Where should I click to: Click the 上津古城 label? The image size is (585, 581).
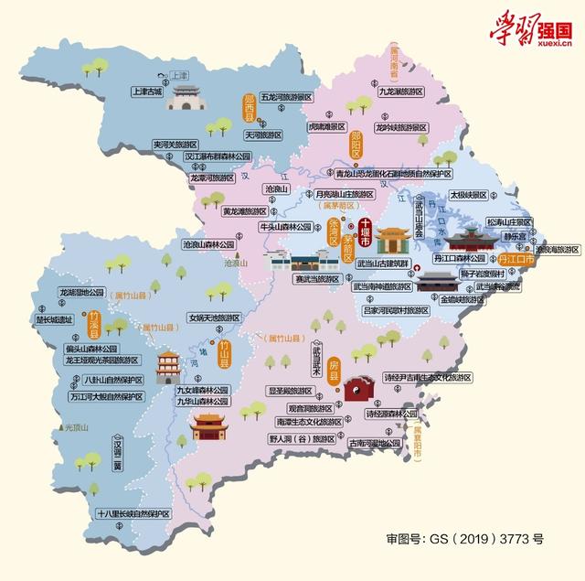coord(145,91)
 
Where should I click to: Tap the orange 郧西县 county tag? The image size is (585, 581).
coord(248,111)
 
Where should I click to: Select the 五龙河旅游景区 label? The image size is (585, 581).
coord(286,95)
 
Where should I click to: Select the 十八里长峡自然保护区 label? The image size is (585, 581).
coord(133,514)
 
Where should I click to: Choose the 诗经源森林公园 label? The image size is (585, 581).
coord(397,414)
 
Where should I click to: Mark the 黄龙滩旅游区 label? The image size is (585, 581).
coord(250,210)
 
